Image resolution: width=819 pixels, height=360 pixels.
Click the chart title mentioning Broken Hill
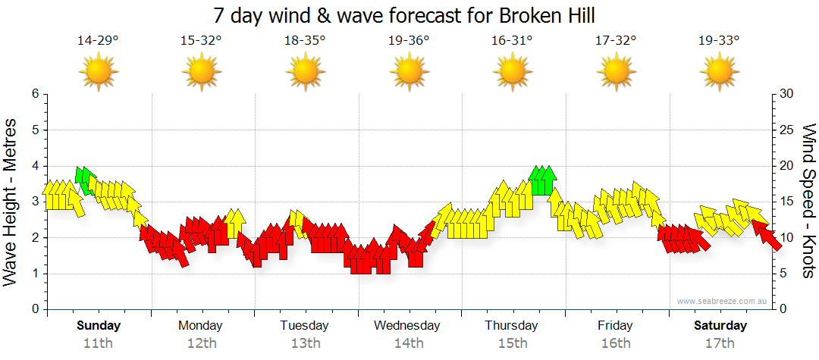point(403,15)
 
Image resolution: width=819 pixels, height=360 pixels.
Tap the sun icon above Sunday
point(99,72)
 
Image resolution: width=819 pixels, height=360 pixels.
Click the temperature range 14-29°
point(98,40)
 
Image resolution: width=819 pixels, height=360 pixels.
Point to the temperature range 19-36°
point(409,40)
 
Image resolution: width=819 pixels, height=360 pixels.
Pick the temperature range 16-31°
point(513,40)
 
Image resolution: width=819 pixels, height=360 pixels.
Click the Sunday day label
point(99,326)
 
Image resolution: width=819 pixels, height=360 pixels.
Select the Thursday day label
point(512,326)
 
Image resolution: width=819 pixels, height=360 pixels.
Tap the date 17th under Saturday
point(720,343)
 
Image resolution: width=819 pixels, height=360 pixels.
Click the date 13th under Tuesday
point(305,343)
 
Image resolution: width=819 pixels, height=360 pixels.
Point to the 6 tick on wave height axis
point(35,94)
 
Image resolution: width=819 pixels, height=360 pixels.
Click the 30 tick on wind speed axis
point(787,94)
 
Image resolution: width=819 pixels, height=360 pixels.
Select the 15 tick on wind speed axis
point(787,202)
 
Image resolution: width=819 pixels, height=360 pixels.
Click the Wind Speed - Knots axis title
point(808,201)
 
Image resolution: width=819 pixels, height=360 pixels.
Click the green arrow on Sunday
point(85,179)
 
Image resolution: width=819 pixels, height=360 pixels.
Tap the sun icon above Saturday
point(720,72)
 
